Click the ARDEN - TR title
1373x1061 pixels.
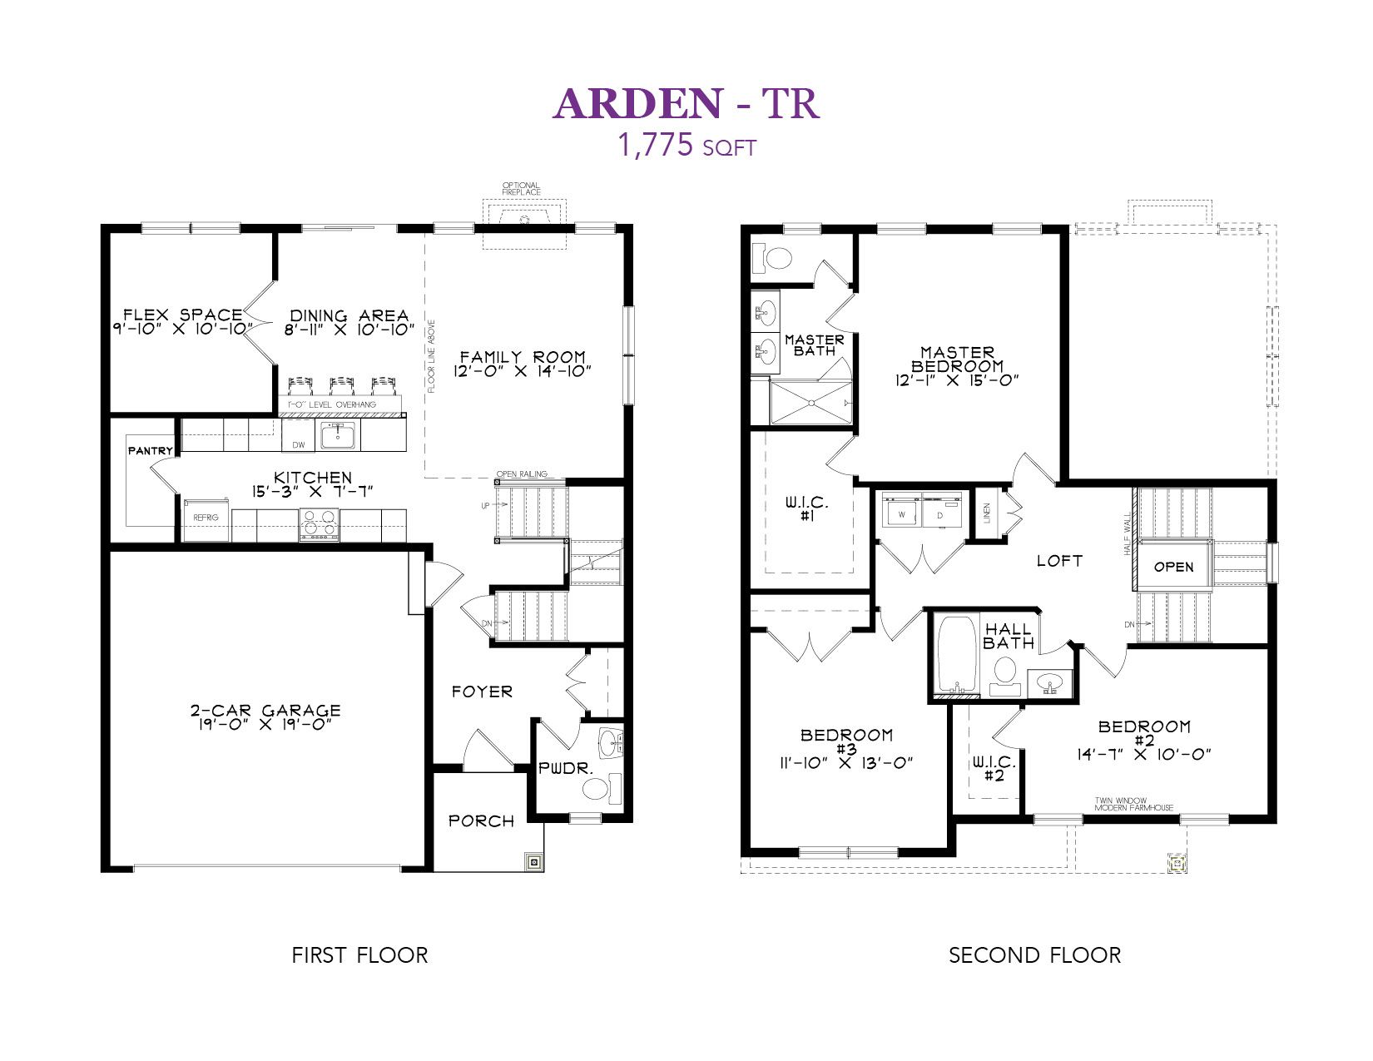[686, 103]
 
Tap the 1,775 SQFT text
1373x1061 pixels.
[686, 146]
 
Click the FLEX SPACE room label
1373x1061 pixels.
[182, 314]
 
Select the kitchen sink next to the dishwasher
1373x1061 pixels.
[337, 434]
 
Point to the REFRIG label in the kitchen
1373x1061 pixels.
[206, 517]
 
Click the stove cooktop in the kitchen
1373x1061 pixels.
[319, 524]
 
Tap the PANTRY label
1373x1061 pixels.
[151, 450]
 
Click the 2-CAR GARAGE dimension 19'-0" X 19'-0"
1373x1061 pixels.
[265, 724]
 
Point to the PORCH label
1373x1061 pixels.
[482, 821]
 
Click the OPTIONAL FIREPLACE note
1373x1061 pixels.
[521, 188]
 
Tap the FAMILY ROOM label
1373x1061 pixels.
[523, 356]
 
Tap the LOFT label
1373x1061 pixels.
[1059, 561]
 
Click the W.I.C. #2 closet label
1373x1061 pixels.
[994, 768]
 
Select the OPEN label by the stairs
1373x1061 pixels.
[1174, 567]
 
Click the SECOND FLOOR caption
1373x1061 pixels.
[1035, 954]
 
